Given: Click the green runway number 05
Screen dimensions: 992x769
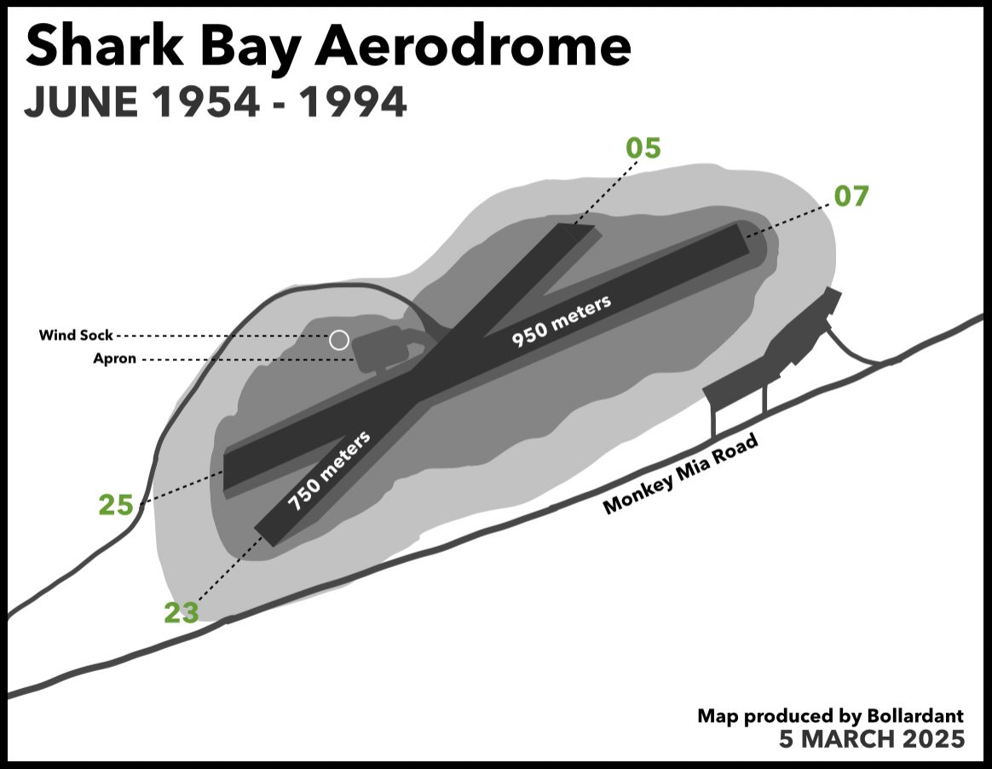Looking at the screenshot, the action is pyautogui.click(x=643, y=148).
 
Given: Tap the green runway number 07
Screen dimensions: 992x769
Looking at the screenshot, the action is pyautogui.click(x=851, y=196).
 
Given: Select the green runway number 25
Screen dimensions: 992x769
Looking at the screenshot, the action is pyautogui.click(x=116, y=505).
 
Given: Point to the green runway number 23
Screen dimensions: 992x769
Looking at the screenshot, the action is pyautogui.click(x=182, y=612).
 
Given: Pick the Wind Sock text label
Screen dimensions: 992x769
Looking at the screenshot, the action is pyautogui.click(x=76, y=336).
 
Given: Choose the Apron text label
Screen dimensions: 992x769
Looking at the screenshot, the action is pyautogui.click(x=114, y=359).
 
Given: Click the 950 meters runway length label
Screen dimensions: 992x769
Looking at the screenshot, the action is pyautogui.click(x=561, y=320).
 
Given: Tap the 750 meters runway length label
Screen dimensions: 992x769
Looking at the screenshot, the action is pyautogui.click(x=329, y=471).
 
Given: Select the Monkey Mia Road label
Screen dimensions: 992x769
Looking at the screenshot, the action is pyautogui.click(x=680, y=473).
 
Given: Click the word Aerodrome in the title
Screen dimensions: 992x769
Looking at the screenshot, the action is pyautogui.click(x=473, y=47).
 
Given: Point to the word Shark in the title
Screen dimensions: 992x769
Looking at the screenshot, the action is pyautogui.click(x=104, y=47).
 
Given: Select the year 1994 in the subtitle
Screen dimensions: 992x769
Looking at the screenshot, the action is pyautogui.click(x=352, y=102).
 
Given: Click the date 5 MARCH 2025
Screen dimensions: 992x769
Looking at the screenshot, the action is pyautogui.click(x=872, y=738).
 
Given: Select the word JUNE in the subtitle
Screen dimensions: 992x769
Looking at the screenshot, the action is pyautogui.click(x=81, y=102).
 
